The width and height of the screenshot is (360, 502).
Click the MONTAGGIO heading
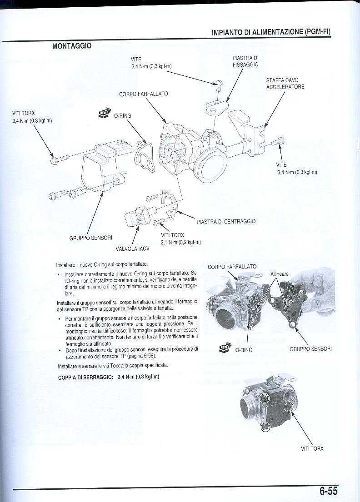coord(72,46)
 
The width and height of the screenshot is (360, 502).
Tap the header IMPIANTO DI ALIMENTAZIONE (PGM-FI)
coord(271,32)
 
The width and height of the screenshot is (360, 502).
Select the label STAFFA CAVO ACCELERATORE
coord(285,84)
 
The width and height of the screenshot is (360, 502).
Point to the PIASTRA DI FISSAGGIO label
coord(245,61)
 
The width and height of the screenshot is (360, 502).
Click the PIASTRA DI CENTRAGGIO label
coord(226,222)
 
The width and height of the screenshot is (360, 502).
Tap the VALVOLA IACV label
coord(130,249)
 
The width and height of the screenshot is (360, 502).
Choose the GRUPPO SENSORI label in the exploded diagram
coord(91,238)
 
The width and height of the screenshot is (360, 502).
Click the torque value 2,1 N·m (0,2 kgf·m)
coord(180,242)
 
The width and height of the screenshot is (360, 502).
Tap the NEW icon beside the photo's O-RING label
coord(225,348)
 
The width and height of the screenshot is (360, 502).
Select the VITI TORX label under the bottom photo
coord(312,449)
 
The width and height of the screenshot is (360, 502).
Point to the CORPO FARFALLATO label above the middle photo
coord(232,267)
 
